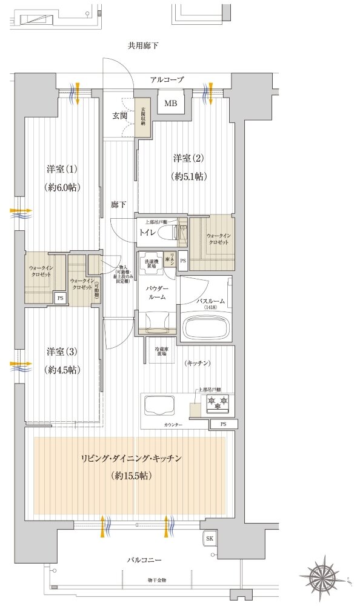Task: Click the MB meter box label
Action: (171, 103)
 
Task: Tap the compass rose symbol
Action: (327, 574)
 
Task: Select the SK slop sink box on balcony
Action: (209, 538)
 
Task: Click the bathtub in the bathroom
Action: (207, 328)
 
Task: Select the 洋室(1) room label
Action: (62, 168)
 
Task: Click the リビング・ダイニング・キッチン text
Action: (131, 459)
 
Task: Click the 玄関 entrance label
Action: (119, 115)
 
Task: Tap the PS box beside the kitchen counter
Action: (223, 424)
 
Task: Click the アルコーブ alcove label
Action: (167, 79)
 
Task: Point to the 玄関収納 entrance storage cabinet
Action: (143, 116)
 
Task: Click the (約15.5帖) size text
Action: (131, 476)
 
